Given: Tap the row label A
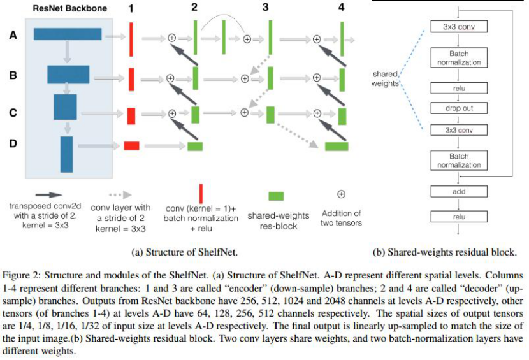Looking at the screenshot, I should point(13,36).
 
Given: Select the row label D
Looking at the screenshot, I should point(13,145).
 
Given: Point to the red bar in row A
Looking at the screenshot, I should point(130,38).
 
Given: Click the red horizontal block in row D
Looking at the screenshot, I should point(131,146).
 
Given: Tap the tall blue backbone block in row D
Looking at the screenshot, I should point(66,154).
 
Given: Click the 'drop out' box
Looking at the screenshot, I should point(459,108).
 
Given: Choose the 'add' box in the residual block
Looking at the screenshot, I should point(459,191).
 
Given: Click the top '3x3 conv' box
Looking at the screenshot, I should point(459,27).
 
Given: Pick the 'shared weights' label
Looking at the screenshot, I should point(386,78).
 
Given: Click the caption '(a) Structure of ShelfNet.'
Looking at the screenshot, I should point(184,252).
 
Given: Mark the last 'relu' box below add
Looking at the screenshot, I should point(459,216).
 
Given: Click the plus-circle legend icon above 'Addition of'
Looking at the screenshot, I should point(341,194).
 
